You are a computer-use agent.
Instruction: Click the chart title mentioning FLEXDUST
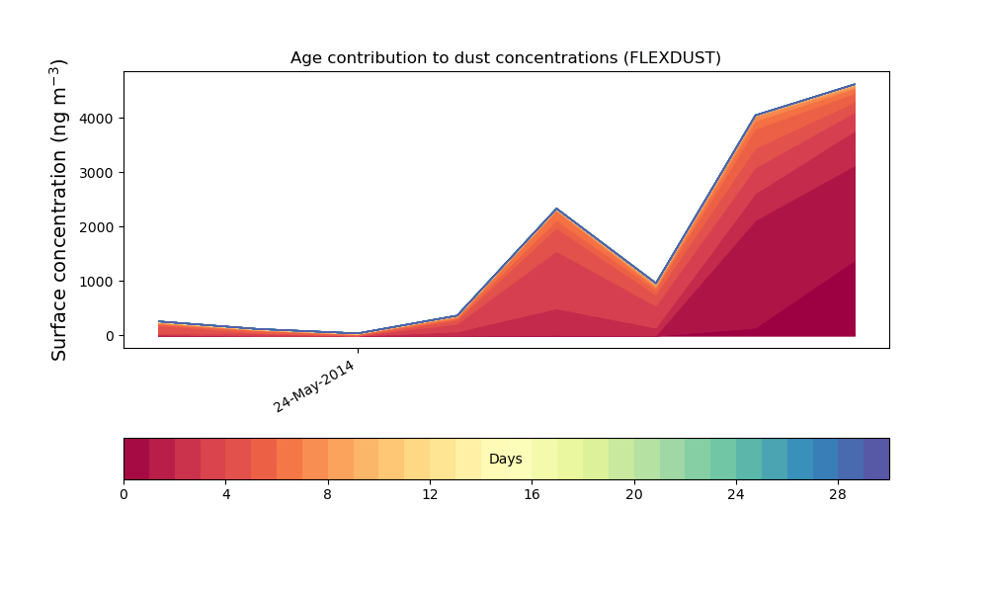505,58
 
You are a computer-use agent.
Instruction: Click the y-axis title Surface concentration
58,210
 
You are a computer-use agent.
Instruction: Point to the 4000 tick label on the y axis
97,119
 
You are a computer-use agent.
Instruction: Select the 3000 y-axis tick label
97,173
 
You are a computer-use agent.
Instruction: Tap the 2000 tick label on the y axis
97,227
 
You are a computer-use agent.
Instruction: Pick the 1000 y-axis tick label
97,282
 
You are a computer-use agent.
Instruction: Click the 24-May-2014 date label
314,386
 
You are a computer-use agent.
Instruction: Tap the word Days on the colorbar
505,459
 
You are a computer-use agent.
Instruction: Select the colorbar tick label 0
123,495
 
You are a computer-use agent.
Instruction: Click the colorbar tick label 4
226,495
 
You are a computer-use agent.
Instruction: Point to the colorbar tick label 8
327,495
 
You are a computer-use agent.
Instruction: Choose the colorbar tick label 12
430,495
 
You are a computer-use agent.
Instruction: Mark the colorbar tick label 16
532,495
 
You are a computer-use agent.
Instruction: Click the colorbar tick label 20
634,495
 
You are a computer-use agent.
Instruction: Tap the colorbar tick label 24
736,495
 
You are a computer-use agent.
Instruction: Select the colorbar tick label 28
838,495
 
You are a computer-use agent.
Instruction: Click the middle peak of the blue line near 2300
556,209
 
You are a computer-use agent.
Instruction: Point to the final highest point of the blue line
855,84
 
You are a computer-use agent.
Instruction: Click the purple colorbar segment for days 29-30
876,459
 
